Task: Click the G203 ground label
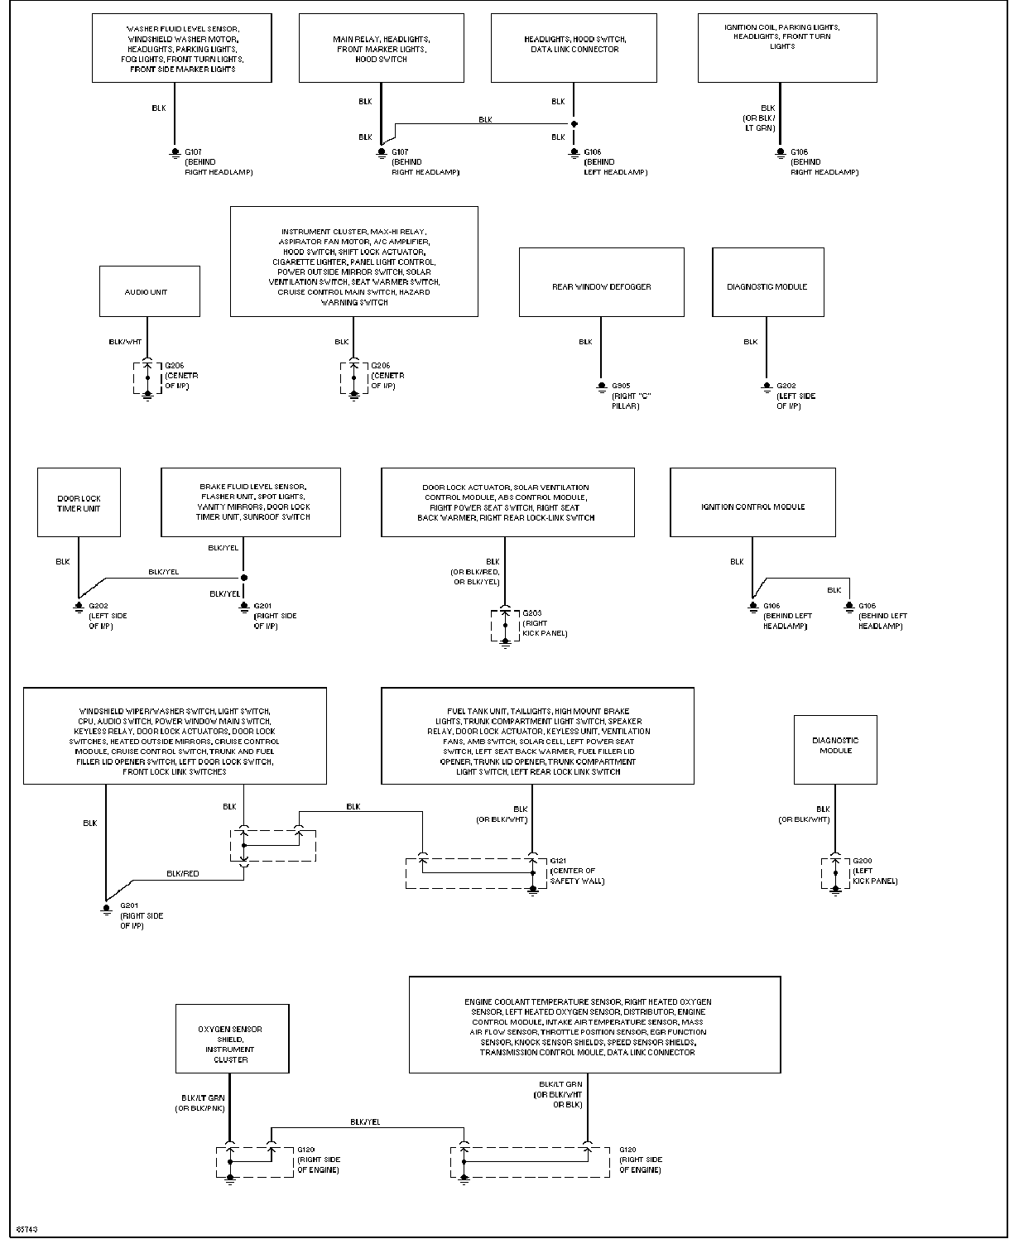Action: [531, 612]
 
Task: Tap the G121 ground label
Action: [558, 861]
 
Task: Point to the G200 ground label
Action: [862, 861]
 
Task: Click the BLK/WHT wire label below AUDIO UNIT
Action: [125, 342]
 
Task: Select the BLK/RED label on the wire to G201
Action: [183, 873]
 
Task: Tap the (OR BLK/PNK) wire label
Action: [199, 1108]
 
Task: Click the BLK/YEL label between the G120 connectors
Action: [365, 1121]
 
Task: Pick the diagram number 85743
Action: [26, 1229]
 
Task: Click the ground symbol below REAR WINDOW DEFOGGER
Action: [601, 387]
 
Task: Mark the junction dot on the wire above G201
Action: [244, 578]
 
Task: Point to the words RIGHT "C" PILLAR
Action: [632, 401]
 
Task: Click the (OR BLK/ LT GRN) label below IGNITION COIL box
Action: [759, 122]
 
